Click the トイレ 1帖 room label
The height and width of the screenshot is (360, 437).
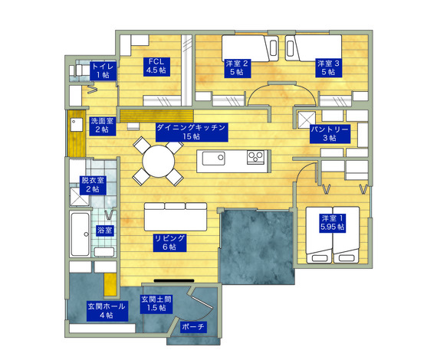click(103, 70)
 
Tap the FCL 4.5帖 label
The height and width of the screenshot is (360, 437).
click(156, 66)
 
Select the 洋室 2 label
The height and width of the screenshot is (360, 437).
click(237, 68)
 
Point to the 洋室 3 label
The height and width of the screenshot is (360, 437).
click(329, 68)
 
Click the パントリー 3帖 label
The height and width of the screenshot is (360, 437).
click(330, 133)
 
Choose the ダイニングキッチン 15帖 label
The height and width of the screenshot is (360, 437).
click(192, 132)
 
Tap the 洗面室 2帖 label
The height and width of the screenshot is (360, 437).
click(102, 126)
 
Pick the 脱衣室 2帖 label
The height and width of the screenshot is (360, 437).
click(93, 185)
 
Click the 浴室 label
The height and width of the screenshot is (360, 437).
click(105, 231)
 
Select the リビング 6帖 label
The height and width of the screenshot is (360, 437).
click(169, 243)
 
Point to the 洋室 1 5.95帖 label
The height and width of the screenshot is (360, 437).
click(333, 223)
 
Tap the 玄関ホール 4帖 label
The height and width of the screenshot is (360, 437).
click(107, 311)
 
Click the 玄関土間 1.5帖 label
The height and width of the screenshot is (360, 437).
click(156, 304)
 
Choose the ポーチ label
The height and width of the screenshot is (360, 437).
click(194, 326)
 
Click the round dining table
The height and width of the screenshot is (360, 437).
click(158, 161)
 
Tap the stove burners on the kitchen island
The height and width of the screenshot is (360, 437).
click(255, 157)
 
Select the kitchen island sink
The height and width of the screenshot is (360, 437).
click(213, 158)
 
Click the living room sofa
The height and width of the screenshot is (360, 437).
click(176, 217)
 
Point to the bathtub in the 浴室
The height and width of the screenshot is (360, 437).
click(80, 234)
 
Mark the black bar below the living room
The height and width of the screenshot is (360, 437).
click(174, 280)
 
